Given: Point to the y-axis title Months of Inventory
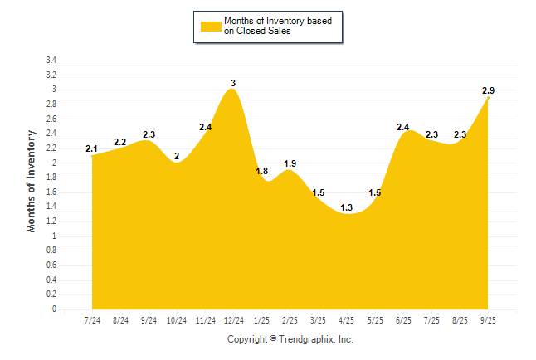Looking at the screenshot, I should (32, 180).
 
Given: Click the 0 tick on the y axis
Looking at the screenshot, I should (54, 309).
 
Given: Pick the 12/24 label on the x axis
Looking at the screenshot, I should (233, 319).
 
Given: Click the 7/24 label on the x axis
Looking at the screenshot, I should (91, 319).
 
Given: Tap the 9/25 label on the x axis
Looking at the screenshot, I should (488, 319).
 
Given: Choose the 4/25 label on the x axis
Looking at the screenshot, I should (346, 319).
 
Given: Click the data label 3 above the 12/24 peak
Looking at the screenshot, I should (233, 83).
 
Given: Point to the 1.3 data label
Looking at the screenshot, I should (346, 207).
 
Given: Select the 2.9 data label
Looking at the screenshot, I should (489, 90).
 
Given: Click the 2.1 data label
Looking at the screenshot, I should (91, 149).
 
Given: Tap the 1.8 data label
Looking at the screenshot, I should (261, 171).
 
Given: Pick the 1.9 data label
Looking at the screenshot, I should (290, 163).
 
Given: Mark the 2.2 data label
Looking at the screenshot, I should (120, 142).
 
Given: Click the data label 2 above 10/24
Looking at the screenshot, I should (177, 156).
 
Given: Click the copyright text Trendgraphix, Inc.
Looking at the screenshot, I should (290, 339).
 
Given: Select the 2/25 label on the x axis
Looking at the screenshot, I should (290, 319).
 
